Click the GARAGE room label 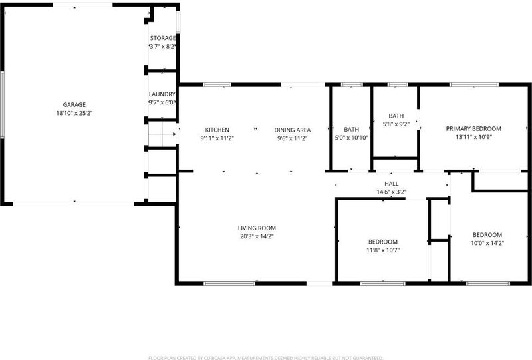74,105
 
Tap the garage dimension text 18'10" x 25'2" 74,113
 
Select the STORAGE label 163,38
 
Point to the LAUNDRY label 162,94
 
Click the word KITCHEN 217,130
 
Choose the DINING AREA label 293,130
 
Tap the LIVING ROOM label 257,228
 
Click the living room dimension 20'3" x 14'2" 257,236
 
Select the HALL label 392,184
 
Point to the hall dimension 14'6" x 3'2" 392,192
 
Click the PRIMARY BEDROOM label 473,128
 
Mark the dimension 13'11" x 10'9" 473,137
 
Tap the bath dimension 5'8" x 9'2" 396,124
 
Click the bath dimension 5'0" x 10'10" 352,138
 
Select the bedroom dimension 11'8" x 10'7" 383,250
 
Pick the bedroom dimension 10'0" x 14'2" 487,243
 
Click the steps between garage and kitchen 162,134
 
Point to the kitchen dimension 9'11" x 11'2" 217,138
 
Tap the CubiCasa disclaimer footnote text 265,358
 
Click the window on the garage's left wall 2,105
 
